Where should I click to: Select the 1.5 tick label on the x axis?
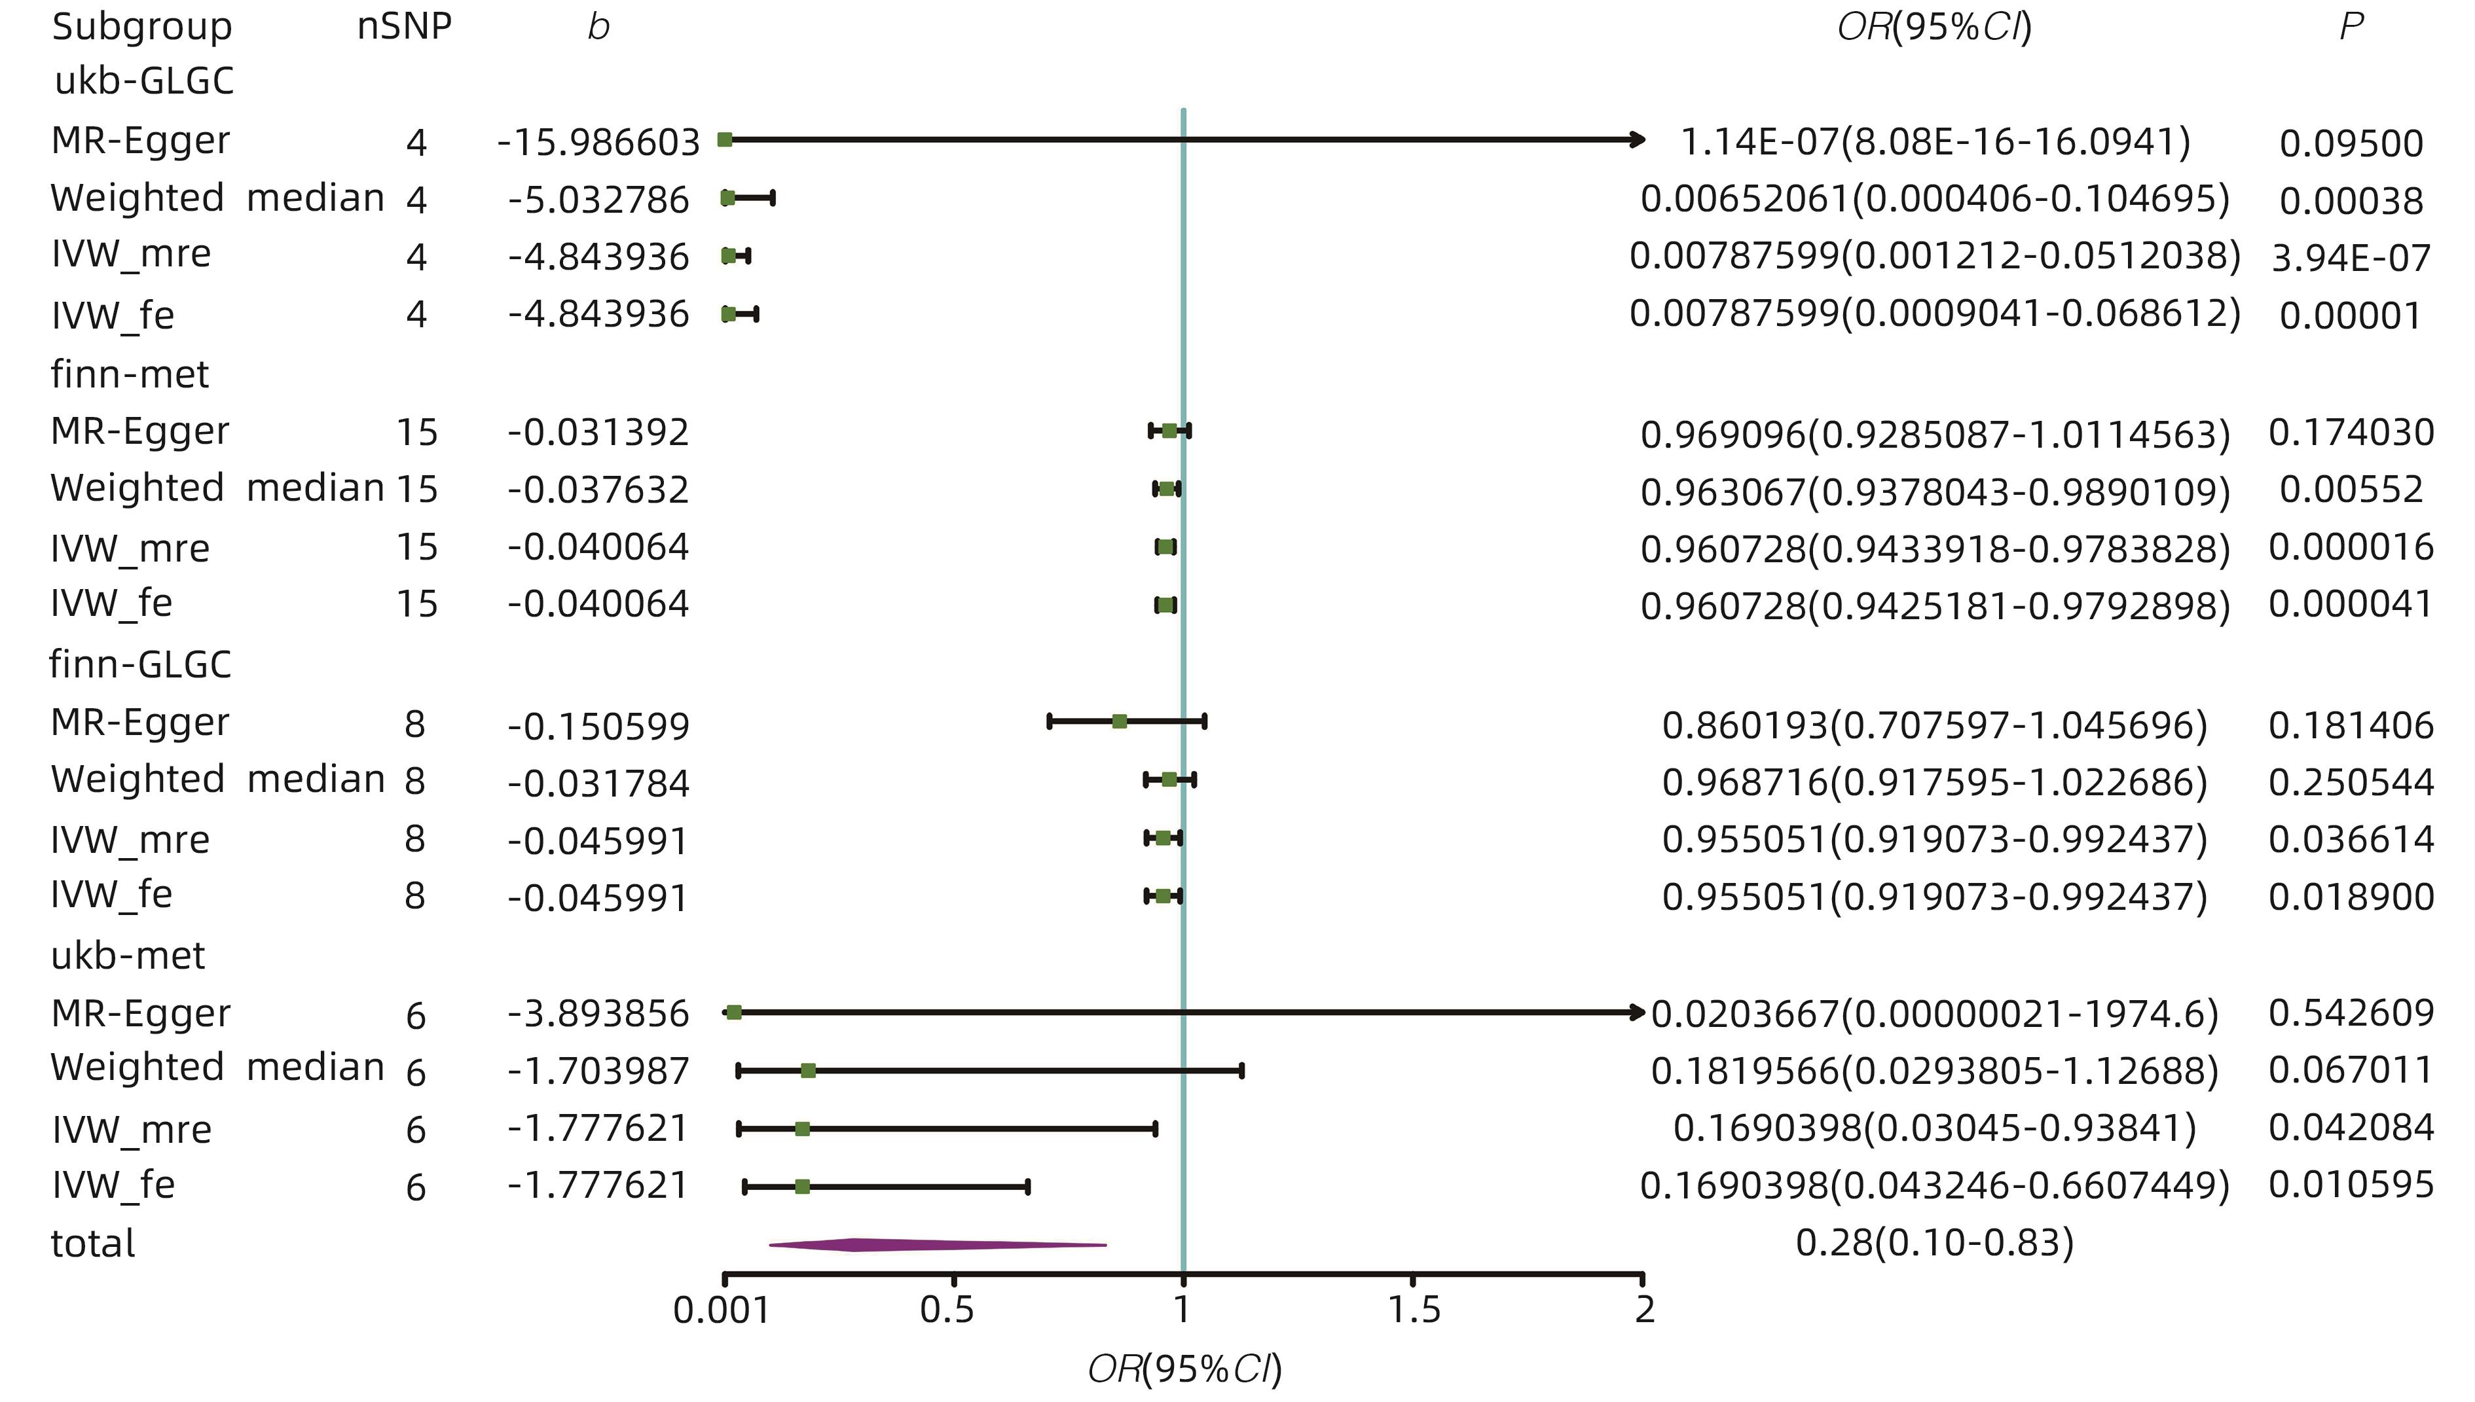click(x=1414, y=1310)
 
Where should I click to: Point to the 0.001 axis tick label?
click(x=722, y=1310)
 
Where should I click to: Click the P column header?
click(x=2350, y=26)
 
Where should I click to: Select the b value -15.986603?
click(x=598, y=143)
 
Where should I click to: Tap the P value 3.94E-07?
click(x=2351, y=258)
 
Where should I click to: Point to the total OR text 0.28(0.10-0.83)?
click(x=1934, y=1243)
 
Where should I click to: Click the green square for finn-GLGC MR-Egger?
click(x=1119, y=721)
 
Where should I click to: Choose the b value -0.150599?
click(x=598, y=725)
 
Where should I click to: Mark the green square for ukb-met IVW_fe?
click(x=802, y=1186)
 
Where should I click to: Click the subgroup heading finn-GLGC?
click(x=141, y=664)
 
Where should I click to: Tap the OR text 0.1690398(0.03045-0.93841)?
click(x=1934, y=1128)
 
